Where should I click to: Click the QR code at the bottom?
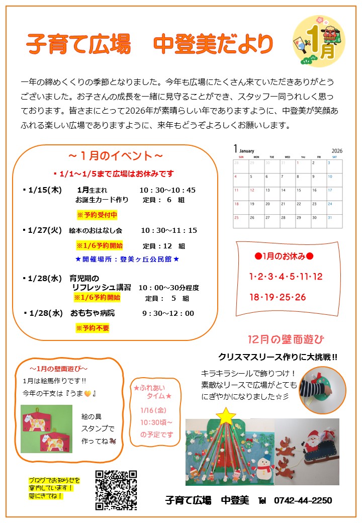116,490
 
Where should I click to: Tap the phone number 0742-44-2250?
303,500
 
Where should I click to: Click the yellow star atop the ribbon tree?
227,415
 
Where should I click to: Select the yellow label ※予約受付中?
97,215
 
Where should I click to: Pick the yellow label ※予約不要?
93,328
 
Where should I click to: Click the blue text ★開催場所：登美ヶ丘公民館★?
127,259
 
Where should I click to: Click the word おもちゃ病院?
93,313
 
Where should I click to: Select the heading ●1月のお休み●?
284,256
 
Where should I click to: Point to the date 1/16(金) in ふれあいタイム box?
154,410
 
